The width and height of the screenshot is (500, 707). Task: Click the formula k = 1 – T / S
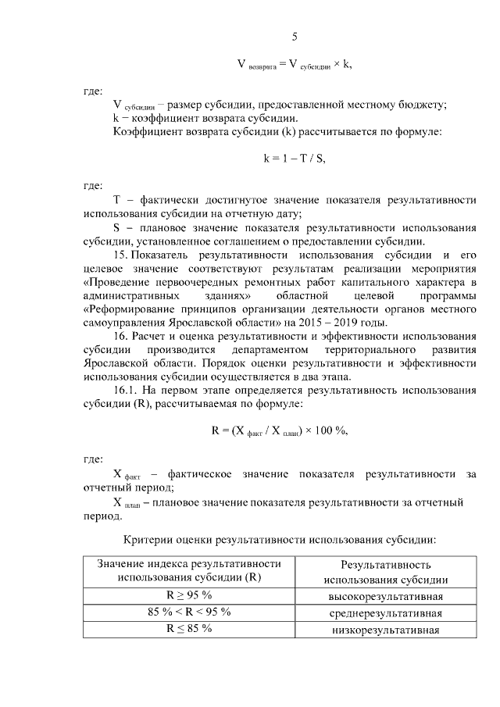pyautogui.click(x=295, y=158)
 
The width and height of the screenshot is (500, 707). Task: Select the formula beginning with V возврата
pyautogui.click(x=295, y=65)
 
